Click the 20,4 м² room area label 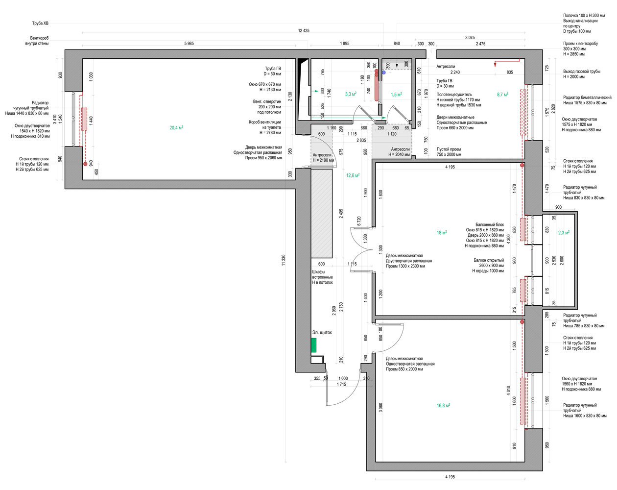tap(176, 127)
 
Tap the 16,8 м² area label tap(443, 405)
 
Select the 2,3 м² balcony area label tap(564, 232)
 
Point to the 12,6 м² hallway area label tap(353, 175)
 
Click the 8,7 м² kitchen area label tap(502, 94)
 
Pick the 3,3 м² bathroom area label tap(351, 94)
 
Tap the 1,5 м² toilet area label tap(396, 94)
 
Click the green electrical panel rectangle tap(314, 345)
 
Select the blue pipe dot tap(383, 73)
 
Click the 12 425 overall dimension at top tap(304, 30)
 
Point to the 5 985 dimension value tap(189, 43)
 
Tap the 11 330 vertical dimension tap(284, 260)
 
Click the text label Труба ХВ tap(41, 23)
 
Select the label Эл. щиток tap(322, 333)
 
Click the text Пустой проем tap(449, 149)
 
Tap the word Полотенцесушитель tap(454, 95)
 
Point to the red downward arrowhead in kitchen tap(495, 65)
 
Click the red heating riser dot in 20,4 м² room tap(85, 164)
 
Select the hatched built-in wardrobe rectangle tap(322, 213)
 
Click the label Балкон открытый tap(489, 260)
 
